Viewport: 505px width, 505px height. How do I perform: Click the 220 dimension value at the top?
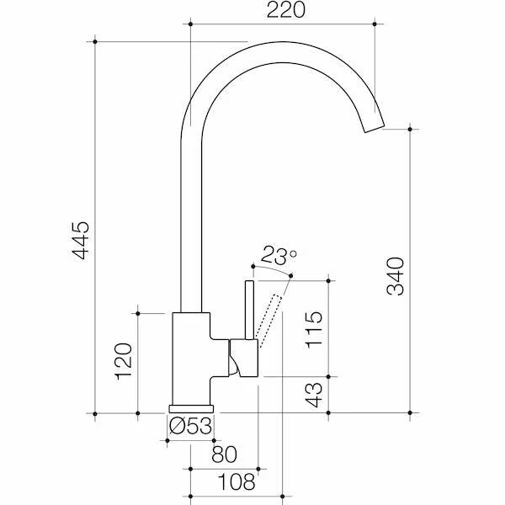pos(285,9)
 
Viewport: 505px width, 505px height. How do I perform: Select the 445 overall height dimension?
pos(81,240)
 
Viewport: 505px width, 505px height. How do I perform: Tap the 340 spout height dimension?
pos(396,276)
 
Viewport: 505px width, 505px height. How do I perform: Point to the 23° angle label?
pos(279,255)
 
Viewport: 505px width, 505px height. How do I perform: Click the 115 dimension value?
pos(314,329)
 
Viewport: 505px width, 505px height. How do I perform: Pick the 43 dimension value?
pos(314,395)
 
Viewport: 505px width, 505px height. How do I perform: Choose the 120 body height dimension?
pos(124,361)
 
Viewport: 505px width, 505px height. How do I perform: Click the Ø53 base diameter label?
pos(191,426)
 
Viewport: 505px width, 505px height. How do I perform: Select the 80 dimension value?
pos(225,454)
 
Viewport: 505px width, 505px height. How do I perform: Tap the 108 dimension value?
pos(237,481)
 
